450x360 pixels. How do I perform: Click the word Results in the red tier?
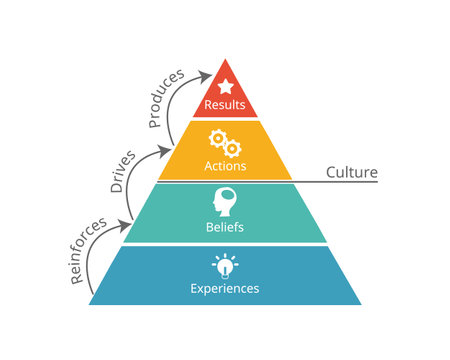pyautogui.click(x=225, y=104)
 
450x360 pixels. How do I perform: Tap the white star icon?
pyautogui.click(x=225, y=85)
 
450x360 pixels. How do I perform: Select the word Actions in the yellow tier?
pyautogui.click(x=225, y=166)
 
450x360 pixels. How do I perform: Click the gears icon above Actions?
pyautogui.click(x=223, y=141)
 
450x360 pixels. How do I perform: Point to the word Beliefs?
pyautogui.click(x=225, y=227)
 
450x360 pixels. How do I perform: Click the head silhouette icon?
pyautogui.click(x=224, y=201)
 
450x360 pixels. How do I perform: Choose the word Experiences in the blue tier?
pyautogui.click(x=225, y=288)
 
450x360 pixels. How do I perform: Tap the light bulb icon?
pyautogui.click(x=224, y=264)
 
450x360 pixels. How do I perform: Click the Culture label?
pyautogui.click(x=351, y=172)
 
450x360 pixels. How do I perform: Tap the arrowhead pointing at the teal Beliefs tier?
pyautogui.click(x=131, y=220)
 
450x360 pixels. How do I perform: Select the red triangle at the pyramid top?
pyautogui.click(x=225, y=96)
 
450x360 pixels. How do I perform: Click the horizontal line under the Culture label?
pyautogui.click(x=340, y=181)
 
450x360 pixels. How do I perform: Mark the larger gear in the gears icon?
pyautogui.click(x=218, y=139)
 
